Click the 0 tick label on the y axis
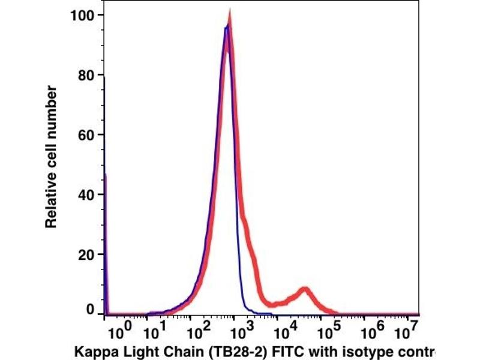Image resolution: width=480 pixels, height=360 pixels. coord(91,310)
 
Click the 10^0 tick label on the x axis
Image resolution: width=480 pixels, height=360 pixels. coord(118,331)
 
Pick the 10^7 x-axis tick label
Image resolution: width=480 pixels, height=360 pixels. coord(411,331)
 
